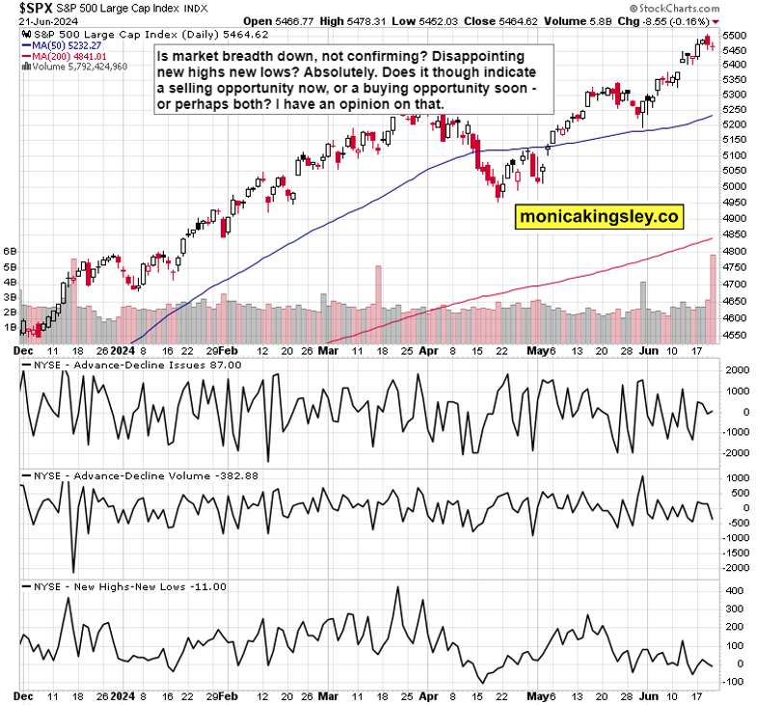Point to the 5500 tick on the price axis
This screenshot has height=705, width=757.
pos(734,35)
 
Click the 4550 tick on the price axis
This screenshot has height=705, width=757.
pos(734,336)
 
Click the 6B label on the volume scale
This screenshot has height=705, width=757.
pos(11,251)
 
